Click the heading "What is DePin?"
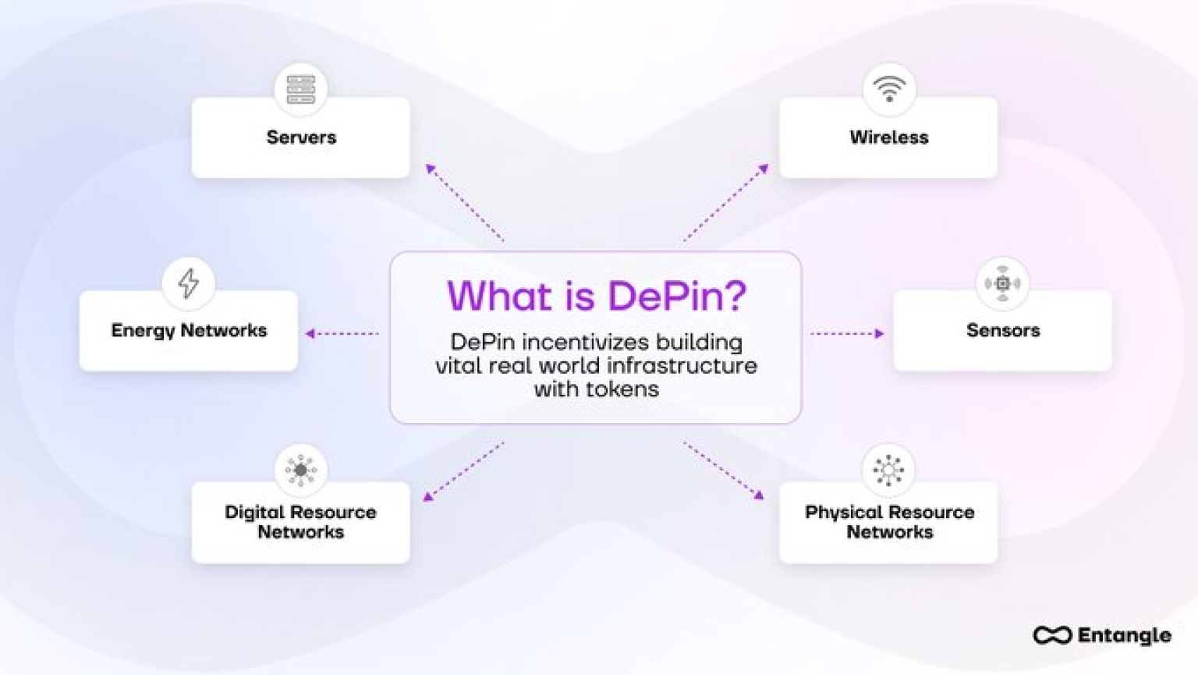[x=596, y=297]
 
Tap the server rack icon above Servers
[x=300, y=90]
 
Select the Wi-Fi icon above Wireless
[x=888, y=89]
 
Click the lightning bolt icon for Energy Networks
[x=188, y=282]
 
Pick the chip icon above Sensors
[x=1002, y=283]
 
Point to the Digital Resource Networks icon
[x=300, y=470]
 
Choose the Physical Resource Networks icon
[x=888, y=470]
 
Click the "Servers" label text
[x=301, y=137]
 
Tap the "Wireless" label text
[x=888, y=137]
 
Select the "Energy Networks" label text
[x=189, y=330]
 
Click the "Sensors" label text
[x=1002, y=330]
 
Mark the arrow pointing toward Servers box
[x=464, y=202]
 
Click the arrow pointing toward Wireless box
[x=726, y=202]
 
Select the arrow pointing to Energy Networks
[x=342, y=333]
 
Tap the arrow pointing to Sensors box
[x=847, y=333]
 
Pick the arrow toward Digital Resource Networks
[x=463, y=471]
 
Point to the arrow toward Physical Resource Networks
[x=724, y=470]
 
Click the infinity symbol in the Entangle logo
[x=1052, y=635]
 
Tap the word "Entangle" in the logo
[x=1124, y=635]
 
